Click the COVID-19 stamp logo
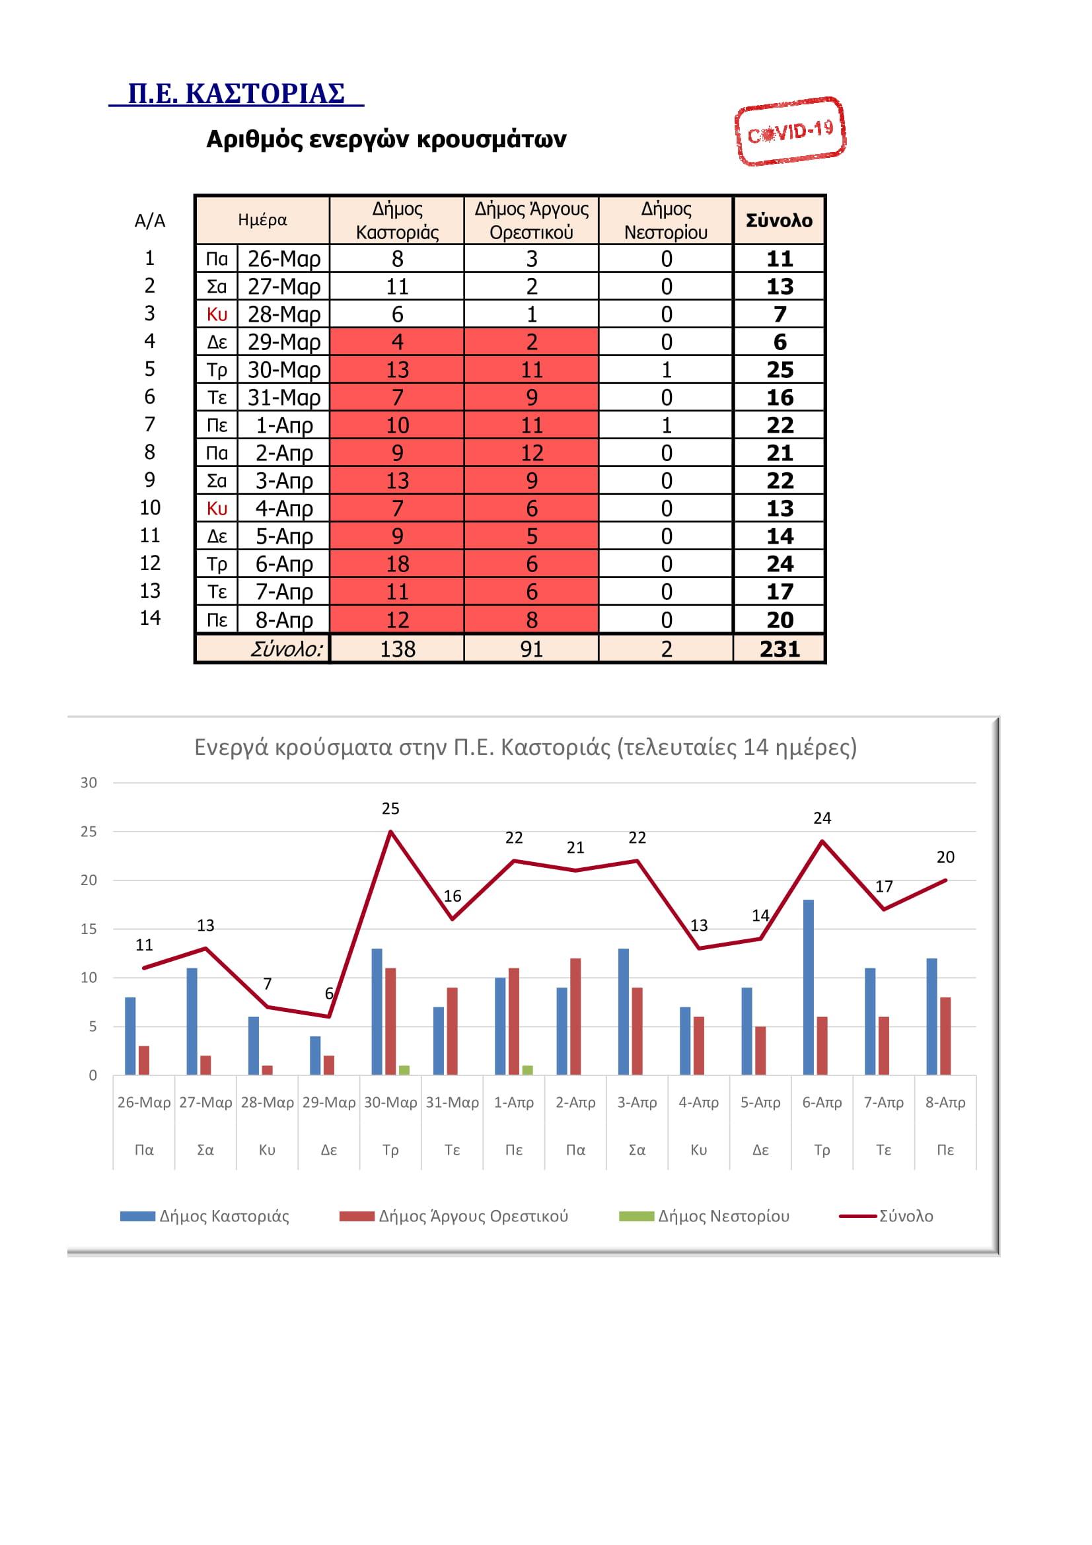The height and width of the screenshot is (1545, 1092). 790,131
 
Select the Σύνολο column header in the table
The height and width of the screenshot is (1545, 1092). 779,220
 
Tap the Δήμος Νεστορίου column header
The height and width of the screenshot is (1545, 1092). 665,220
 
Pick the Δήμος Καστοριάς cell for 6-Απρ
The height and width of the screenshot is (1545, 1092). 397,564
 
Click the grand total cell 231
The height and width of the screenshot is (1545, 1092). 779,649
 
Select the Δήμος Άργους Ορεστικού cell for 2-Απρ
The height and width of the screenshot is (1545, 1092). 532,453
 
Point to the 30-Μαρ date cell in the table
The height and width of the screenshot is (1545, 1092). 284,369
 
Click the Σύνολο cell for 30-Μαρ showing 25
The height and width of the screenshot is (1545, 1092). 779,369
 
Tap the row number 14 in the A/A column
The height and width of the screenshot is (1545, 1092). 150,618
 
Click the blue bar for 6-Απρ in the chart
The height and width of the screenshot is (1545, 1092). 808,987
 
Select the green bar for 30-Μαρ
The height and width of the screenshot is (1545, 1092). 404,1070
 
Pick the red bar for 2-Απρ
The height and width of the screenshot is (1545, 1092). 575,1016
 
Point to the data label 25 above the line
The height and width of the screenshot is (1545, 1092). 390,808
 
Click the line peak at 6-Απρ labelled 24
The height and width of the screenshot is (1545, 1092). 822,841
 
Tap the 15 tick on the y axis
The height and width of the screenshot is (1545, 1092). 89,929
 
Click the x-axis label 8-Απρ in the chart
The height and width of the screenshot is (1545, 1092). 945,1102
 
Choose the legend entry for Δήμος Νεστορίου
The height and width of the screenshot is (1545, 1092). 704,1216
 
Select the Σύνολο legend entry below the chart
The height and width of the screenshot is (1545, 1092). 886,1216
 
